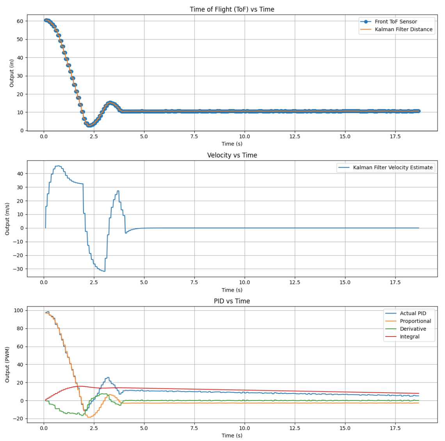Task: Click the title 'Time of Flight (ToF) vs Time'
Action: pyautogui.click(x=232, y=9)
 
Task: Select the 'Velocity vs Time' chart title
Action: pyautogui.click(x=232, y=155)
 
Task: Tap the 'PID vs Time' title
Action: pyautogui.click(x=232, y=301)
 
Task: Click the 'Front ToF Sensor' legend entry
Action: pyautogui.click(x=395, y=21)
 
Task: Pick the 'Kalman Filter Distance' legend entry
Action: pyautogui.click(x=403, y=29)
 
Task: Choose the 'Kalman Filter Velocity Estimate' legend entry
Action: pyautogui.click(x=393, y=167)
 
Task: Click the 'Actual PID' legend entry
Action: pyautogui.click(x=413, y=313)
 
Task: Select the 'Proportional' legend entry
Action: pyautogui.click(x=415, y=321)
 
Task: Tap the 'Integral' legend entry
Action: pyautogui.click(x=409, y=337)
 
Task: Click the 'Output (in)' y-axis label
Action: pyautogui.click(x=12, y=73)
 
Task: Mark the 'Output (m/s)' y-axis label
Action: pyautogui.click(x=7, y=219)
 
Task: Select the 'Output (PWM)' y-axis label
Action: pyautogui.click(x=7, y=365)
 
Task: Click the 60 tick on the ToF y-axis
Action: pyautogui.click(x=20, y=21)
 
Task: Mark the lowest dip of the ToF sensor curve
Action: pyautogui.click(x=89, y=126)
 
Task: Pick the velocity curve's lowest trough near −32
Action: pyautogui.click(x=104, y=271)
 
